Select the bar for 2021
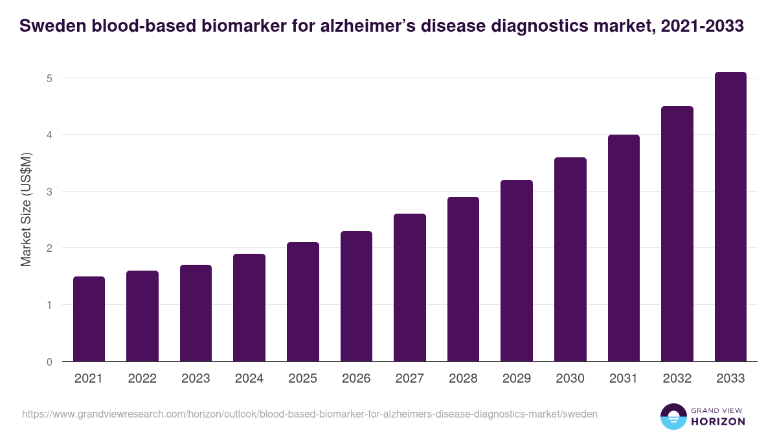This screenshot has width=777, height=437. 89,319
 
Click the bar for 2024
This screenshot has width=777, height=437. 249,308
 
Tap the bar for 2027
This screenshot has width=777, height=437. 410,287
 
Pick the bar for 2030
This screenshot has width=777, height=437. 570,259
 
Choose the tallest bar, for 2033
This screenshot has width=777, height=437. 730,217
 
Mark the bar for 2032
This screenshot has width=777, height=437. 677,234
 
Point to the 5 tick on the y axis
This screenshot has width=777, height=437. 49,78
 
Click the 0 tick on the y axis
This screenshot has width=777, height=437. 49,362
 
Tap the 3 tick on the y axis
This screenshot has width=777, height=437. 49,192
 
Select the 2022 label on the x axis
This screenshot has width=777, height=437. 142,379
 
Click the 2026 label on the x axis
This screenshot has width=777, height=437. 356,379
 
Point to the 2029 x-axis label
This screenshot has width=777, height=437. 517,379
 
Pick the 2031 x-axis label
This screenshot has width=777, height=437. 624,379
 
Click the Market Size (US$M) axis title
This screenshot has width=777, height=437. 26,210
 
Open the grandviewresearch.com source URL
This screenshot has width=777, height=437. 310,414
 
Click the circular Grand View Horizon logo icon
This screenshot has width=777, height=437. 673,416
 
